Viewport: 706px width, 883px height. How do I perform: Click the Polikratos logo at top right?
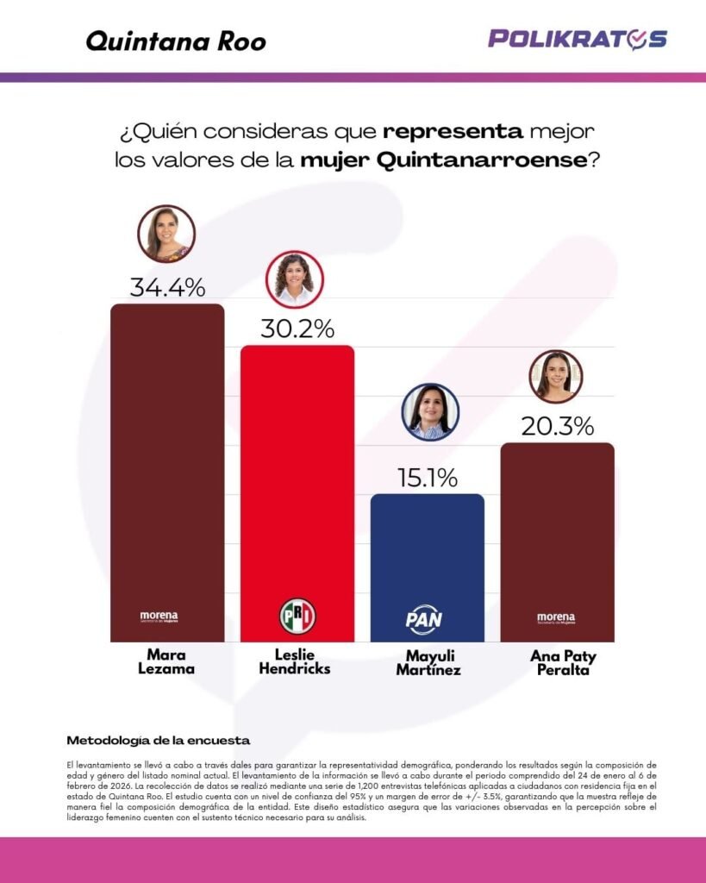(x=578, y=39)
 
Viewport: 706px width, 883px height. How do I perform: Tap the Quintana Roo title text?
(x=176, y=41)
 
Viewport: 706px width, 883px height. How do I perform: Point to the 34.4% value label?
(x=167, y=286)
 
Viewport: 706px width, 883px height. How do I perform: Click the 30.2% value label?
(x=297, y=328)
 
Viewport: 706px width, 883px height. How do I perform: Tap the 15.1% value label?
(x=427, y=477)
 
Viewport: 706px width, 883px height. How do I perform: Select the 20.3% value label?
(x=557, y=425)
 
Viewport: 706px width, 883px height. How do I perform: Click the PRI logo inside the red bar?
(x=297, y=615)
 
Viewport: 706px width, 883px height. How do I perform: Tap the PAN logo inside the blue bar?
(x=424, y=618)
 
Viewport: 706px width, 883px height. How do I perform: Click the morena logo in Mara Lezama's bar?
(x=159, y=617)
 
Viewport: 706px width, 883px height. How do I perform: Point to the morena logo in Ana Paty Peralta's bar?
(x=556, y=617)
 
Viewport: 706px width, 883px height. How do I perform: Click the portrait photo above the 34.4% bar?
(x=166, y=233)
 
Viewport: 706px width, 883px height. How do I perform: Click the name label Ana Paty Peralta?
(x=563, y=662)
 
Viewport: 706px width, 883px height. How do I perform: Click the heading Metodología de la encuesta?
(x=158, y=740)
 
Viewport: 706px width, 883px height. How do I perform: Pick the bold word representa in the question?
(x=453, y=132)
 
